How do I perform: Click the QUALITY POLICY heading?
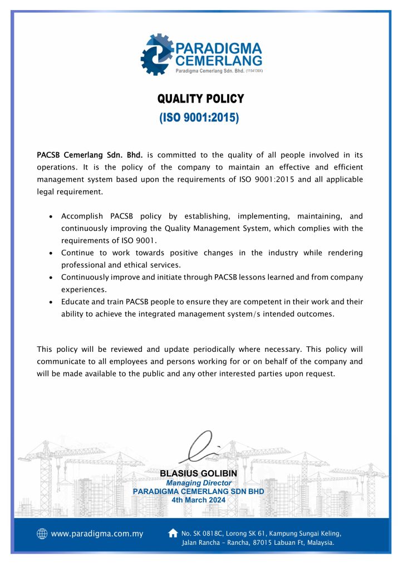(x=201, y=99)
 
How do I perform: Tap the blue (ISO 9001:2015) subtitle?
(x=199, y=118)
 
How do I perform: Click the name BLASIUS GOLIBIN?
(x=198, y=473)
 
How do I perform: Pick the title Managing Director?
(x=199, y=482)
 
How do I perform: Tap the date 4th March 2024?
(x=199, y=500)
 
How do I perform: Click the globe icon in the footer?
(x=42, y=534)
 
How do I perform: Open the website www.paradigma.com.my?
(x=97, y=534)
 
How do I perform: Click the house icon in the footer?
(x=173, y=533)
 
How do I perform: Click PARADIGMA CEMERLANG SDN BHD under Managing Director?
(x=198, y=491)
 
